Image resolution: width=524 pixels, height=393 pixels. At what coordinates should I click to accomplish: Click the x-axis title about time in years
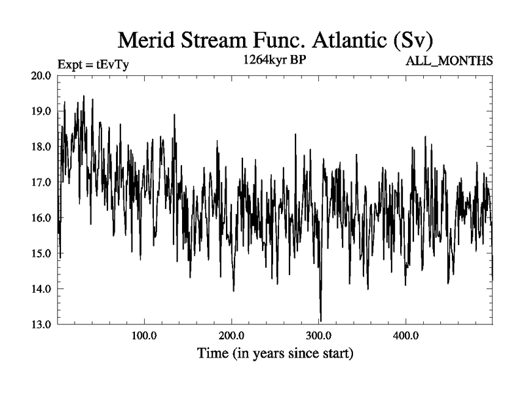click(x=275, y=354)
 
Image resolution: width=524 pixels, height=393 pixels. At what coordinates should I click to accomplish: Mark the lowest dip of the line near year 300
click(x=321, y=320)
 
